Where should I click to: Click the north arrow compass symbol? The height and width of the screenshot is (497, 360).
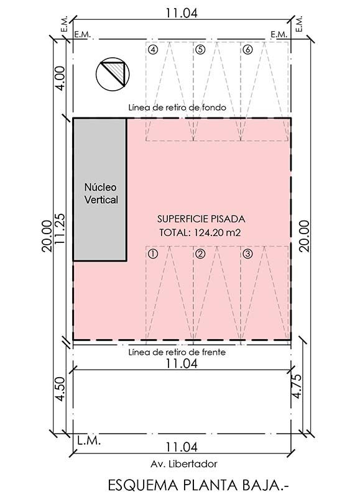click(x=113, y=74)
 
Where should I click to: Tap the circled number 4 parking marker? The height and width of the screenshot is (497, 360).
click(x=153, y=50)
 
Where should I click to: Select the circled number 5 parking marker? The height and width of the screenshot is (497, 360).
click(x=200, y=50)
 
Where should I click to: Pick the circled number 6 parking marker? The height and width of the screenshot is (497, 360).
click(x=247, y=50)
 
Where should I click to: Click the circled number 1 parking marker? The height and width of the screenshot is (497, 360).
click(x=153, y=254)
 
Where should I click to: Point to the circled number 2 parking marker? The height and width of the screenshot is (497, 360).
click(x=200, y=254)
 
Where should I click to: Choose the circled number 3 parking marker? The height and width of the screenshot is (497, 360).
click(x=247, y=254)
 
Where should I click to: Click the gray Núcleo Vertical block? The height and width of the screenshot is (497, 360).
click(x=100, y=189)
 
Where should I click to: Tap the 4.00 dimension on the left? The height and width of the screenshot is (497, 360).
click(x=60, y=78)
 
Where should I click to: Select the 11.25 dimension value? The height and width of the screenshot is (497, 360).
click(x=60, y=229)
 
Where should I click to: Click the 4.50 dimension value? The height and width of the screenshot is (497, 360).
click(x=60, y=389)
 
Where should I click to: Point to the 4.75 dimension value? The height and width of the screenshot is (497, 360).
click(x=297, y=386)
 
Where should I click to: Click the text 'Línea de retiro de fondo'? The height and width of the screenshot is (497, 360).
click(x=177, y=107)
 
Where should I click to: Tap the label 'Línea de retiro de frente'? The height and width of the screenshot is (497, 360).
click(x=177, y=352)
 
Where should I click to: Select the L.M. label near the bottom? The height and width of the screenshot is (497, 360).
click(x=89, y=440)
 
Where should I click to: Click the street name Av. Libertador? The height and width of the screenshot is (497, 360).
click(x=184, y=464)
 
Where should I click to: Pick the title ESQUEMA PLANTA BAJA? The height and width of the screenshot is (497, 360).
click(x=199, y=485)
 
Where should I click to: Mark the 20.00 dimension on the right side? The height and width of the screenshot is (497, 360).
click(x=304, y=236)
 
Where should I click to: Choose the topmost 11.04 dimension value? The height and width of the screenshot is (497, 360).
click(x=182, y=13)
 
